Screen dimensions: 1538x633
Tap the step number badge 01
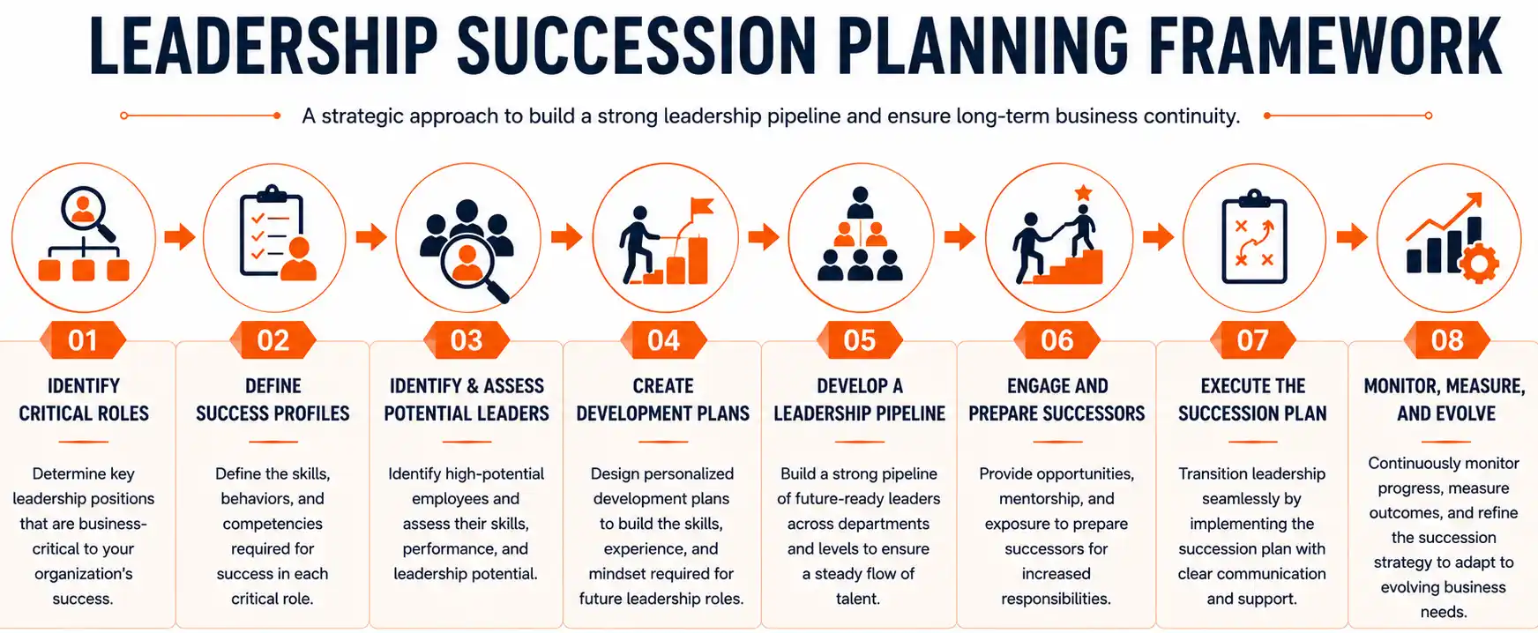pyautogui.click(x=83, y=340)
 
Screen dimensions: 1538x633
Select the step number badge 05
pyautogui.click(x=860, y=340)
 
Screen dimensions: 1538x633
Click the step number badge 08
pyautogui.click(x=1447, y=340)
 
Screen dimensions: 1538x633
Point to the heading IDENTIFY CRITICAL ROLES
pyautogui.click(x=84, y=399)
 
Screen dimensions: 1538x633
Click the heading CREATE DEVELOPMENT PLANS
pyautogui.click(x=663, y=399)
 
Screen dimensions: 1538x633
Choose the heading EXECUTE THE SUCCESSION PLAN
pyautogui.click(x=1252, y=399)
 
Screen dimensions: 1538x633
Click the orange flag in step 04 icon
pyautogui.click(x=701, y=207)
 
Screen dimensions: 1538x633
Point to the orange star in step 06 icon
pyautogui.click(x=1083, y=193)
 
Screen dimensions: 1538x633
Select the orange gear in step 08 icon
pyautogui.click(x=1479, y=263)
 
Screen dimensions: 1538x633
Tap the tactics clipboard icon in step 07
pyautogui.click(x=1253, y=237)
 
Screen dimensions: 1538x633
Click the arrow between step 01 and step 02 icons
pyautogui.click(x=180, y=236)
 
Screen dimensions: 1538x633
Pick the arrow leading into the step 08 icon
pyautogui.click(x=1352, y=236)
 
